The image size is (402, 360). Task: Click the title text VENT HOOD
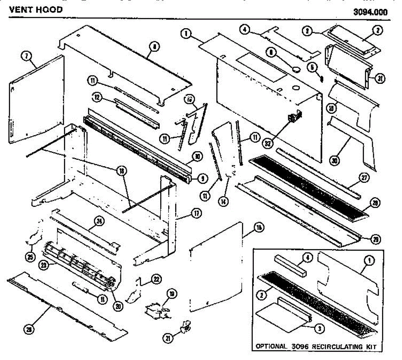(36, 9)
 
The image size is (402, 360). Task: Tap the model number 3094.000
(370, 12)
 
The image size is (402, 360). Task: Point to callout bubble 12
(97, 97)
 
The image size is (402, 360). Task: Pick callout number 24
(100, 221)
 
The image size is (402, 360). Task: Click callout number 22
(156, 279)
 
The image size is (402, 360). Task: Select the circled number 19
(172, 294)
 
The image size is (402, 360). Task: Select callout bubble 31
(380, 79)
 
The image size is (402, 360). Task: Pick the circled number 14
(222, 201)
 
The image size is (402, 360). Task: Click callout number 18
(120, 171)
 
